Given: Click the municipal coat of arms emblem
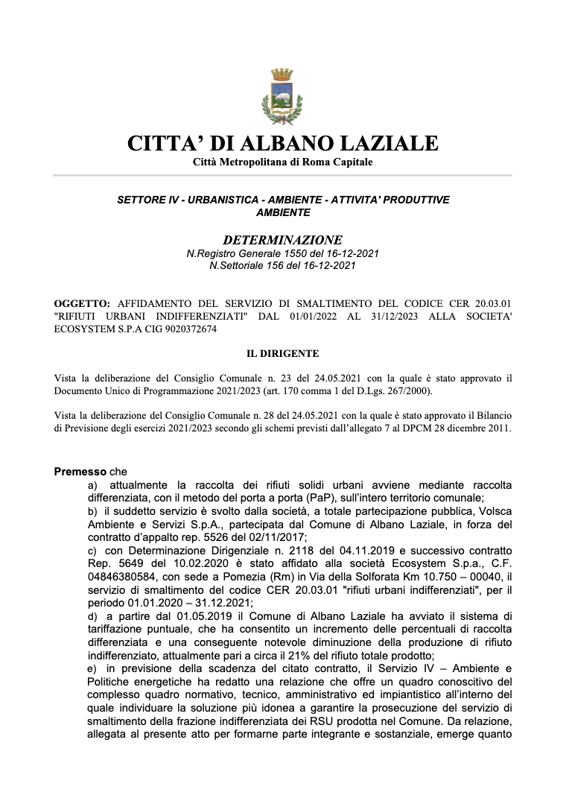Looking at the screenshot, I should pos(282,96).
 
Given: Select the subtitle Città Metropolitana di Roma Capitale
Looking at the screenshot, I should pos(282,162).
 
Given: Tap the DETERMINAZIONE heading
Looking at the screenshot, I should pos(282,240).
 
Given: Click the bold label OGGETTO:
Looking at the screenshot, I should pos(82,303).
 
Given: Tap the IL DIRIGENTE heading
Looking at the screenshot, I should pos(282,353).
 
